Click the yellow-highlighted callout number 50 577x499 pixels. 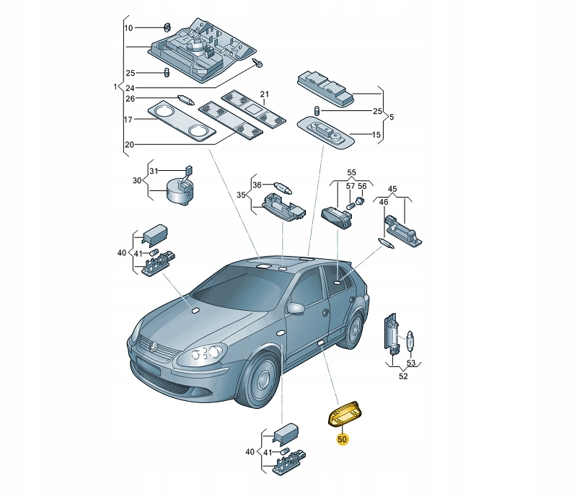tap(342, 439)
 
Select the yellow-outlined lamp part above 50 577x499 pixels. tap(345, 415)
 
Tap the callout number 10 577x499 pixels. tap(128, 28)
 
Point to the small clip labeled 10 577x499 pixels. tap(167, 27)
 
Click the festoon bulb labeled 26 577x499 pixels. tap(186, 100)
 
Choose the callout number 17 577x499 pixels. tap(128, 120)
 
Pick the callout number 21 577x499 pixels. tap(265, 94)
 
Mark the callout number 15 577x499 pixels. tap(376, 135)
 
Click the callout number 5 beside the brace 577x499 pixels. tap(392, 117)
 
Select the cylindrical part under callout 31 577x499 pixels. tap(179, 190)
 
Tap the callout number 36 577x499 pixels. tap(257, 185)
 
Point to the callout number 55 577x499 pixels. tap(351, 172)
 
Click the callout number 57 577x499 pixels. tap(351, 186)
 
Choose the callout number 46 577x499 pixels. tap(384, 202)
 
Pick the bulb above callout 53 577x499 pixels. tap(410, 342)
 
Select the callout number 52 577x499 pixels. tap(403, 376)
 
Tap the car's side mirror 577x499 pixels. tap(296, 308)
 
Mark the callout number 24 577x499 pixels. tap(130, 88)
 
